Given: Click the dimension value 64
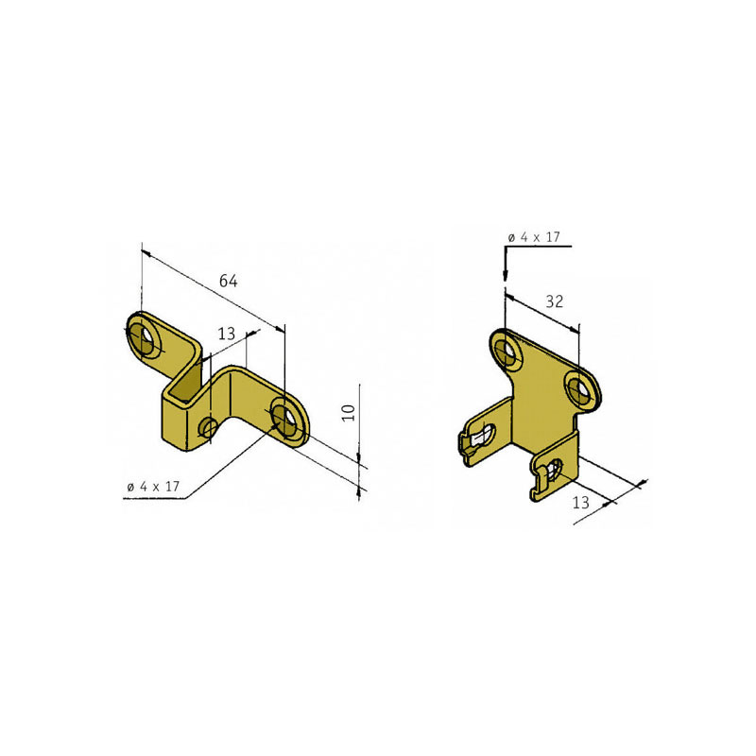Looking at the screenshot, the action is click(x=228, y=281).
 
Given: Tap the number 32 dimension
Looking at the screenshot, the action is click(x=554, y=301).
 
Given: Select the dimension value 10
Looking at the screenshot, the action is click(x=348, y=413).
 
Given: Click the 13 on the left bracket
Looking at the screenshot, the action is click(x=226, y=334).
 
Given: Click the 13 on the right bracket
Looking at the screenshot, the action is click(x=581, y=503).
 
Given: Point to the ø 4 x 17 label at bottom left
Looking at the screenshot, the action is click(x=153, y=487).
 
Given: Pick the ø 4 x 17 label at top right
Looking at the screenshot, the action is click(x=534, y=237).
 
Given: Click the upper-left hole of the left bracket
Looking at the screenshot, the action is click(x=146, y=337).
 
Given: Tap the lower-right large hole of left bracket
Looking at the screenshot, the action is click(x=284, y=419).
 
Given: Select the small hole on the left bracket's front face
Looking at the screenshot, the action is click(x=209, y=428).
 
